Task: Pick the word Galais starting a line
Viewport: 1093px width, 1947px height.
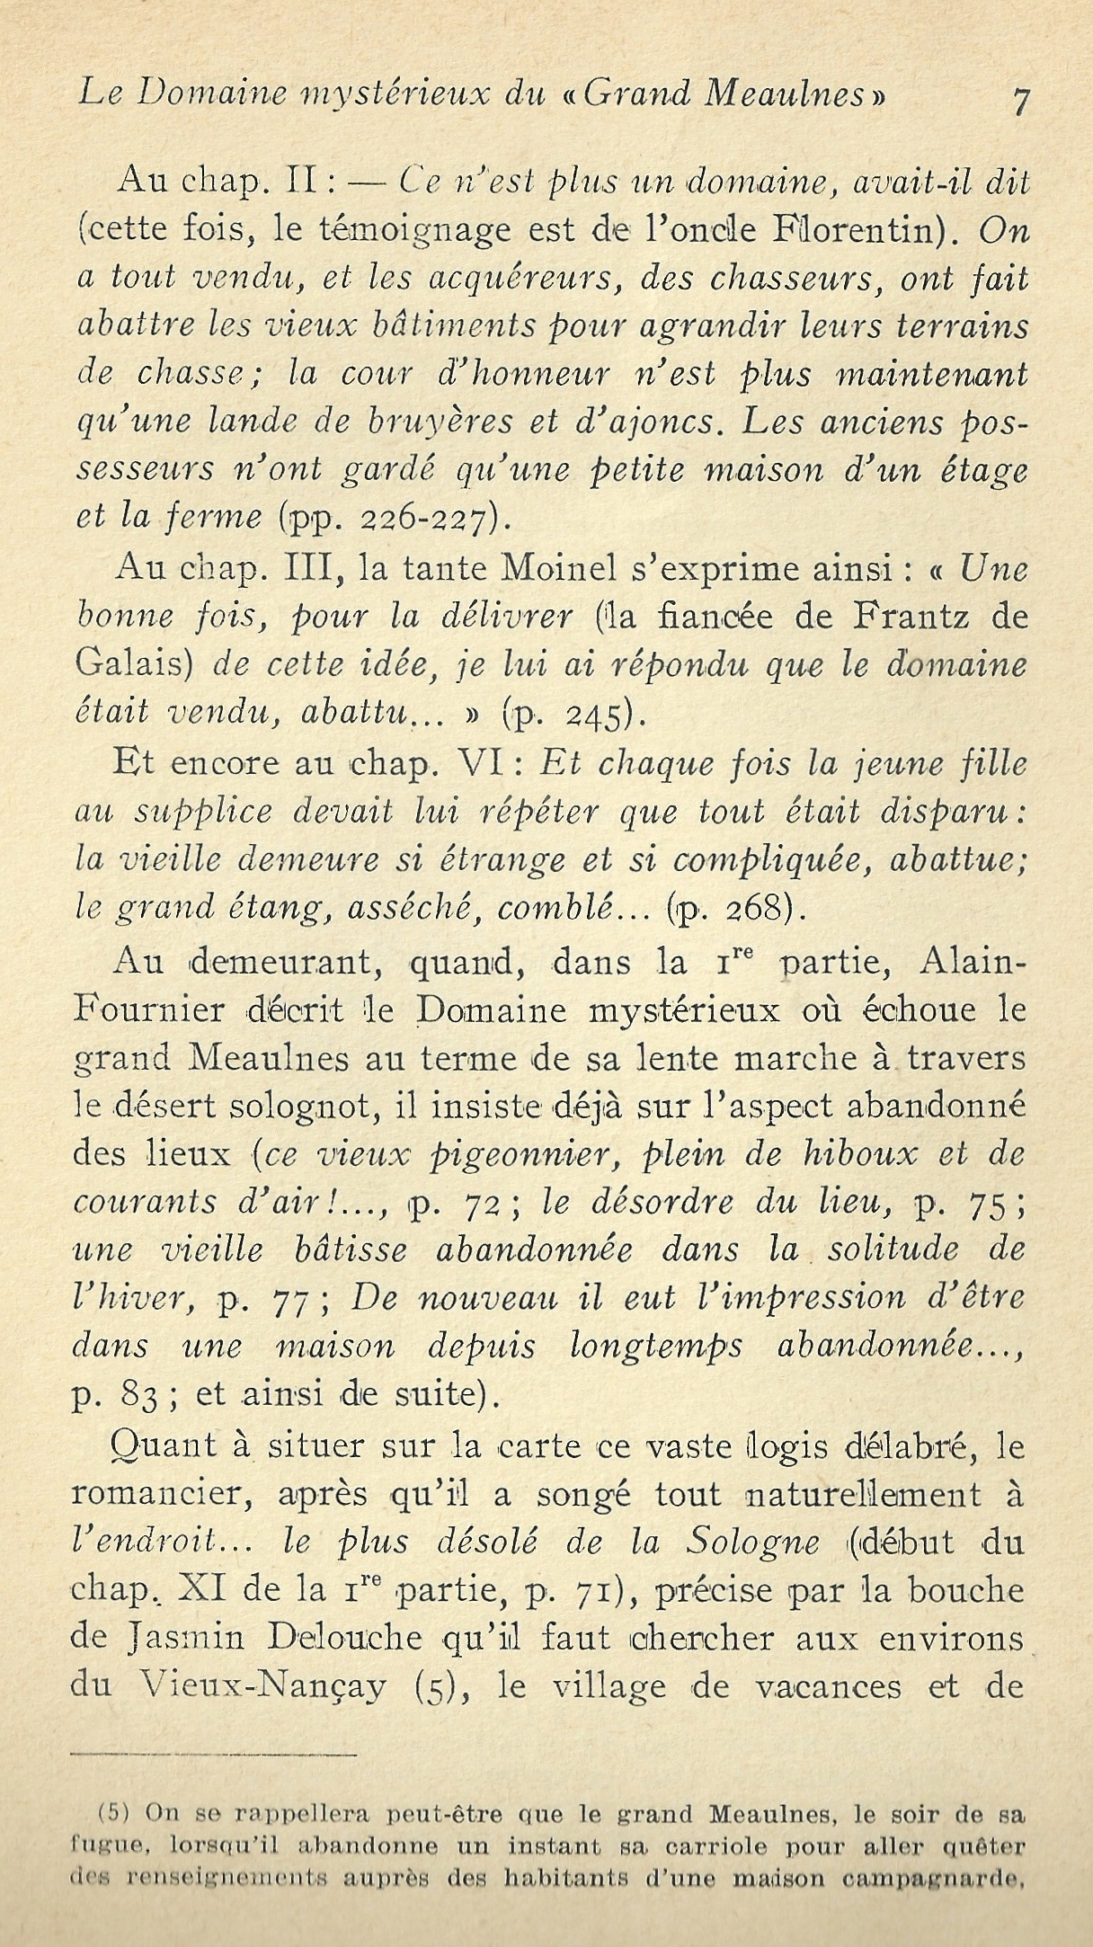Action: (131, 666)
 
